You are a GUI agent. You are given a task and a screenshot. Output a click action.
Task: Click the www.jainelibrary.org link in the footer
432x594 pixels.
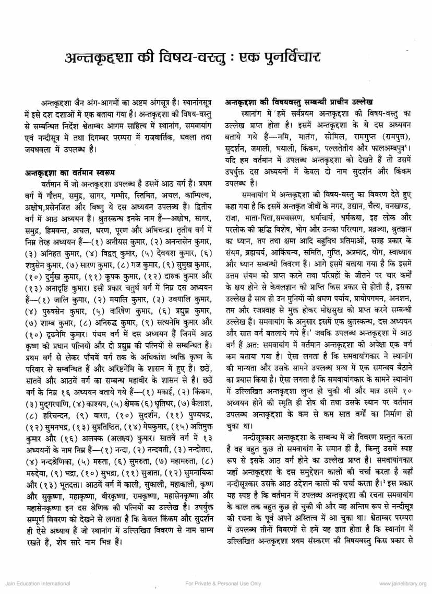pyautogui.click(x=402, y=583)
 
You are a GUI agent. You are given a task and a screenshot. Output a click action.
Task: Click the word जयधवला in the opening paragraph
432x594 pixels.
pyautogui.click(x=33, y=149)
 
